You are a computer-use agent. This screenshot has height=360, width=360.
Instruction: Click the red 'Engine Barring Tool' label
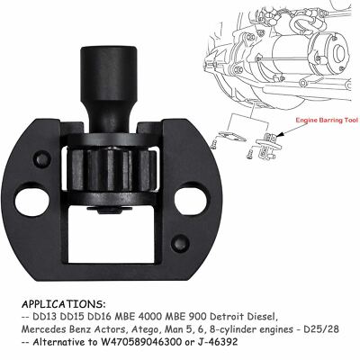pyautogui.click(x=327, y=121)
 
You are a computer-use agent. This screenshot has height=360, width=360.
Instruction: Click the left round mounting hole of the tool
pyautogui.click(x=31, y=202)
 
